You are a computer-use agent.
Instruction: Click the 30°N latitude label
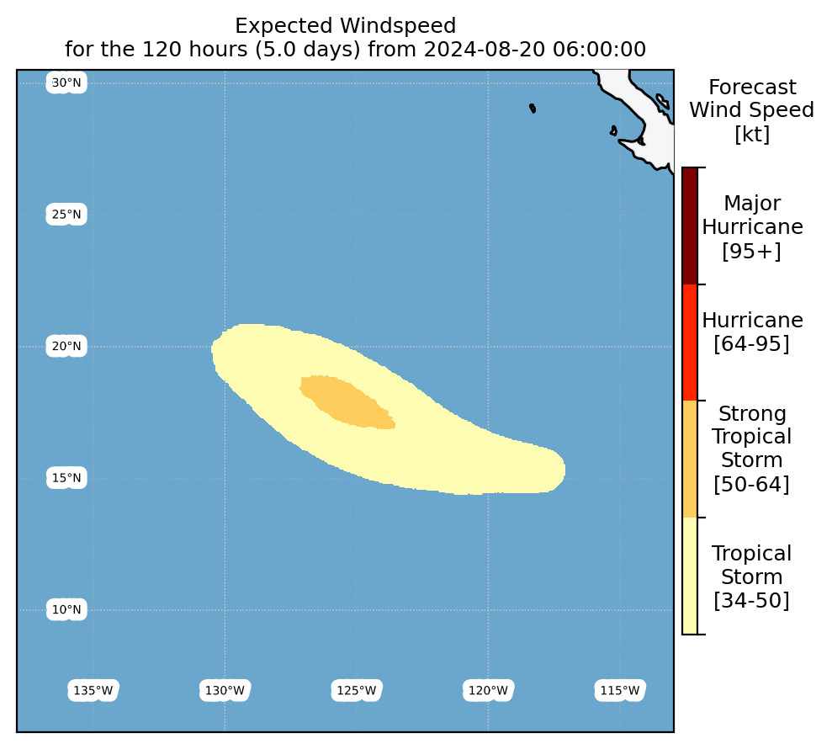tap(66, 82)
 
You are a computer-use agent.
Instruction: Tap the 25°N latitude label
tap(66, 215)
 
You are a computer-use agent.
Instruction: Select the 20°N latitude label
tap(66, 346)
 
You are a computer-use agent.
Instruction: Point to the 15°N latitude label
tap(66, 478)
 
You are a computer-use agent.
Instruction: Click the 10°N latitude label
tap(66, 609)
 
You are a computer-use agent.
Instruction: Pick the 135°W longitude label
tap(93, 691)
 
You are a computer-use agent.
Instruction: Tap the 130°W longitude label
tap(225, 691)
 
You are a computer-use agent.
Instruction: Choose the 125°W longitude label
tap(357, 691)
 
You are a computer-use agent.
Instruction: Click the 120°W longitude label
tap(488, 691)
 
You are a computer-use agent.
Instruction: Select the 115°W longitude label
tap(620, 691)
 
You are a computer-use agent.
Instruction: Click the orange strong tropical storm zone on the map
tap(348, 401)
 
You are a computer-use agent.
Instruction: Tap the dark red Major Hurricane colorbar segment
tap(690, 226)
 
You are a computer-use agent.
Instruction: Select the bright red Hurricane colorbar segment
tap(690, 343)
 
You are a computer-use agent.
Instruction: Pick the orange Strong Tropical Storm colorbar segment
tap(690, 459)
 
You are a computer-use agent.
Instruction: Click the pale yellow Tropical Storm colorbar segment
tap(690, 576)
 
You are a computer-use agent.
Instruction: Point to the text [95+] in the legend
tap(752, 251)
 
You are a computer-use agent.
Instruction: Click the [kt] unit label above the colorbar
tap(752, 134)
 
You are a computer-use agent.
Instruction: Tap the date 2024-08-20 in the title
tap(485, 50)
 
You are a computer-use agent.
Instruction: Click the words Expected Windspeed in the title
tap(346, 26)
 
